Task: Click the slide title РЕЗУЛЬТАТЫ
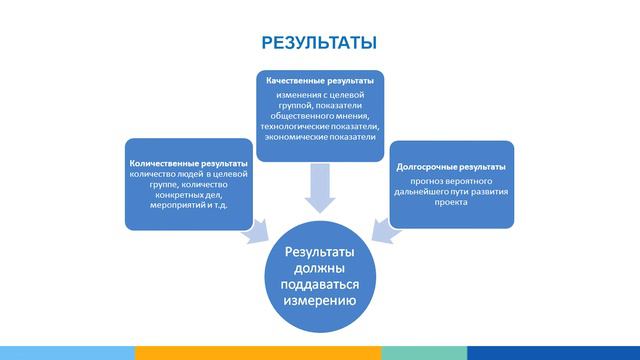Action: (319, 43)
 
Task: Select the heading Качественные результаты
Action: (319, 80)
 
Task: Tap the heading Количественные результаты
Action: (188, 162)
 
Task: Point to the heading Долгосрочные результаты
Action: (450, 165)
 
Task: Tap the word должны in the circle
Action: (320, 268)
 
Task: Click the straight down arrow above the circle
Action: (319, 188)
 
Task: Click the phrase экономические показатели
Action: (319, 139)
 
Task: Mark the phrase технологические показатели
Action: (319, 128)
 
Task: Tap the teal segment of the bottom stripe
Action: (424, 353)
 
